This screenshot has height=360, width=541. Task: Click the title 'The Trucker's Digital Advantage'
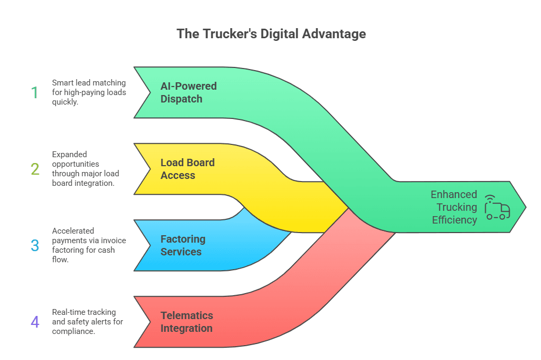pos(271,34)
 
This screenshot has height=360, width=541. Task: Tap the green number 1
pos(35,93)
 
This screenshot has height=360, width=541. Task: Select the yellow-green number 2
pos(35,169)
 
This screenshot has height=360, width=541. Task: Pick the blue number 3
pos(35,245)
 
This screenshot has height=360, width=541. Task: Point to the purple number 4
pos(35,322)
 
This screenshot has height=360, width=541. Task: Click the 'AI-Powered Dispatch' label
pos(188,92)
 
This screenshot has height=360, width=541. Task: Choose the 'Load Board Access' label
pos(188,169)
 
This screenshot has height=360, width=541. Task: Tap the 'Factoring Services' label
pos(182,245)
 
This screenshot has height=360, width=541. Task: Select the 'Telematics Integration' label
pos(187,322)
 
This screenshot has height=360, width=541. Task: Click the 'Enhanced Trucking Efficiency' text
pos(454,207)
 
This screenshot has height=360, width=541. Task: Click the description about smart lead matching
pos(89,92)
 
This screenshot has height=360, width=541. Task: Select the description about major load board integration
pos(85,169)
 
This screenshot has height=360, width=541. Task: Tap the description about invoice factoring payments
pos(89,245)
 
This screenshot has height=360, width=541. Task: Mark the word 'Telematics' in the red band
pos(187,315)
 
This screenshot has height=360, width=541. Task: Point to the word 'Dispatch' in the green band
pos(181,99)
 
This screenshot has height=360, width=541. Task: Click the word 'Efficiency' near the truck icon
pos(454,220)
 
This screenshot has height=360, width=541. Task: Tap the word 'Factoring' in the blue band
pos(183,239)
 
